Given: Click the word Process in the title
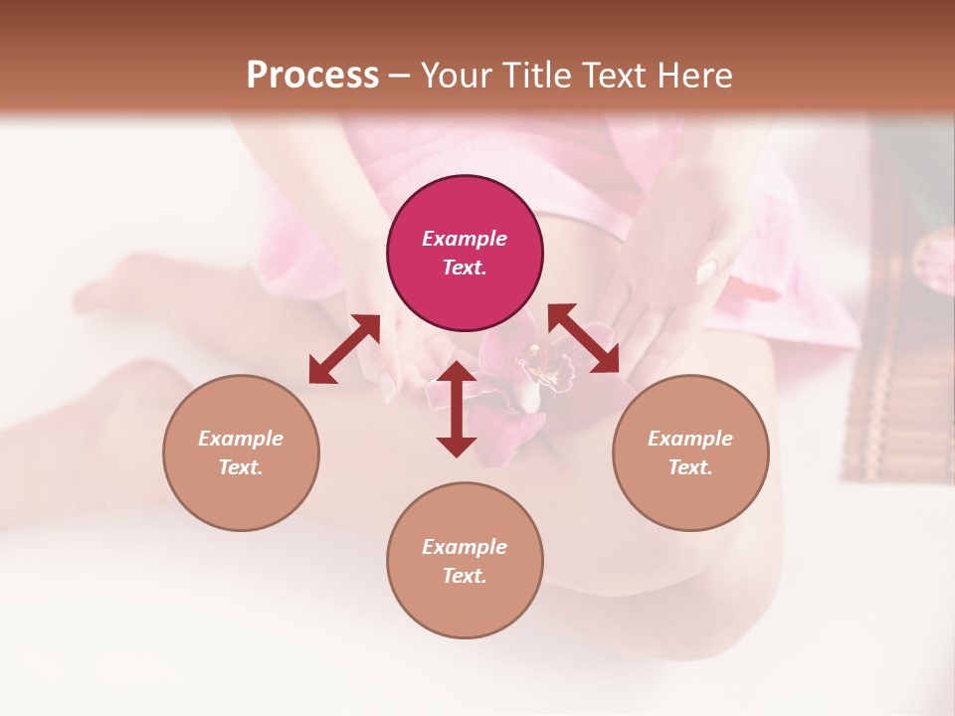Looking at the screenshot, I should click(x=312, y=76).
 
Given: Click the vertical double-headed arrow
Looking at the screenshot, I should click(x=457, y=409).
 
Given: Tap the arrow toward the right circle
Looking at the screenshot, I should click(x=584, y=339).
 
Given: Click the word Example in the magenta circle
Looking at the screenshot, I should click(x=465, y=239).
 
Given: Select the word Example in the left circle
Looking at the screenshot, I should click(x=241, y=439).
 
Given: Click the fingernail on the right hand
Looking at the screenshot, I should click(x=707, y=269).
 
